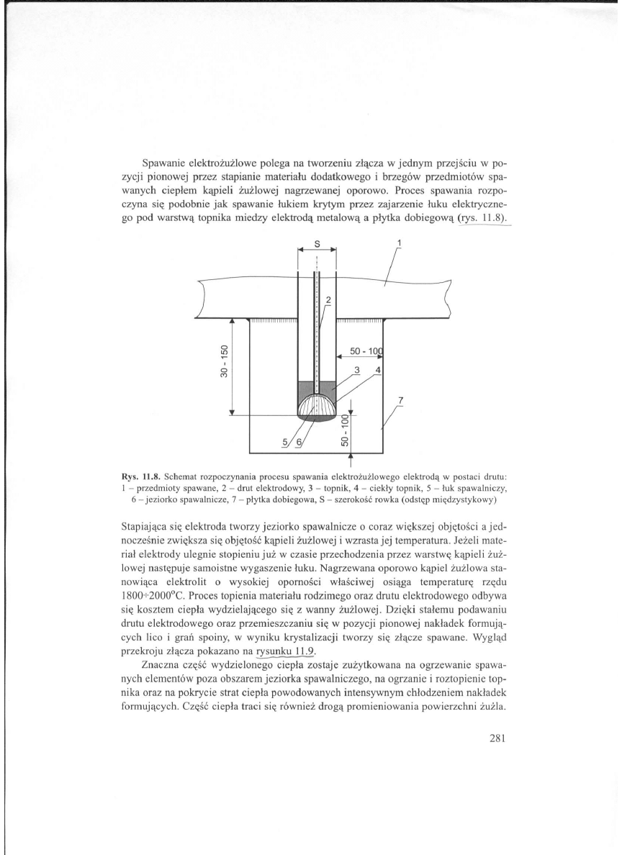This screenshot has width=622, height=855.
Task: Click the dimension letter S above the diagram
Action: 317,245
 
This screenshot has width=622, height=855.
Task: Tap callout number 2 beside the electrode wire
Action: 328,299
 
